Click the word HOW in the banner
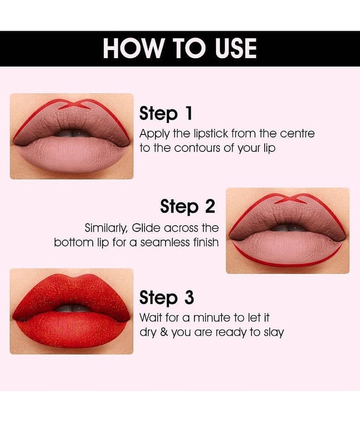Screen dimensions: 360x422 click(x=133, y=48)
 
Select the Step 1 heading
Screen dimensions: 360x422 click(x=166, y=113)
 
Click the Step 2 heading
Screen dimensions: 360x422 click(x=188, y=207)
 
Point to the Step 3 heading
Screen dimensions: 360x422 click(x=167, y=298)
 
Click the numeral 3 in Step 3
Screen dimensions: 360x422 click(x=189, y=297)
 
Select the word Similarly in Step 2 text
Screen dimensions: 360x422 click(x=106, y=228)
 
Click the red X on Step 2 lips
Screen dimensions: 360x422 click(x=289, y=199)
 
